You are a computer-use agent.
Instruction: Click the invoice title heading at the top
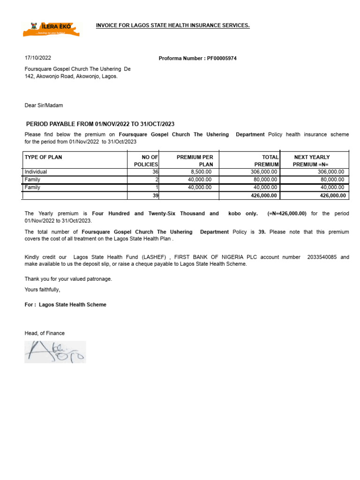[x=172, y=25]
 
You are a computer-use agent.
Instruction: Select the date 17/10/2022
[x=38, y=58]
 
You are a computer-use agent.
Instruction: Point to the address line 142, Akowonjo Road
[x=71, y=76]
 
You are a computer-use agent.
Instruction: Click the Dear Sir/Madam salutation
[x=44, y=105]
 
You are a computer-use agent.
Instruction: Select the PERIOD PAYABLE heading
[x=100, y=124]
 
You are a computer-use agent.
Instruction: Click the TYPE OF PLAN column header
[x=43, y=157]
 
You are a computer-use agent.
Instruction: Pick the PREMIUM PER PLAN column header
[x=195, y=161]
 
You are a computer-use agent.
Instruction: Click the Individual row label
[x=36, y=172]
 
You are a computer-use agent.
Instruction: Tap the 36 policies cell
[x=155, y=172]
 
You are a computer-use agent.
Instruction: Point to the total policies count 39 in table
[x=155, y=195]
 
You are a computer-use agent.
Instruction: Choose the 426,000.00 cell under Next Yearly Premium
[x=332, y=195]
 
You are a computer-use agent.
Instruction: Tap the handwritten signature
[x=55, y=352]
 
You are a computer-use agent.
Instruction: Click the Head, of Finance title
[x=45, y=333]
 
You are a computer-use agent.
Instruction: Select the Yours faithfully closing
[x=42, y=290]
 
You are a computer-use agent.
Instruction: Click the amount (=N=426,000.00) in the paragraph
[x=286, y=213]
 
